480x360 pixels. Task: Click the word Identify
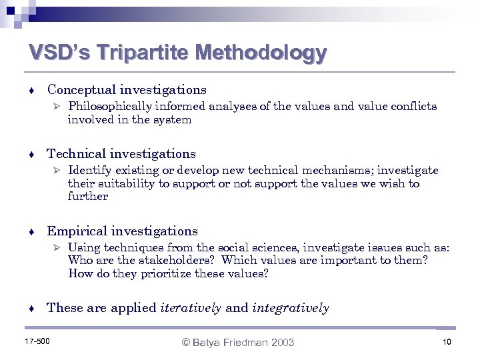88,171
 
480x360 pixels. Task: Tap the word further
87,197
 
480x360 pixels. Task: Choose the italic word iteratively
191,308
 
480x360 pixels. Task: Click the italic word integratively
291,308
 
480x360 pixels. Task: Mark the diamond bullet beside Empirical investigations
32,232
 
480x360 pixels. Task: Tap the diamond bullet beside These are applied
32,309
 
